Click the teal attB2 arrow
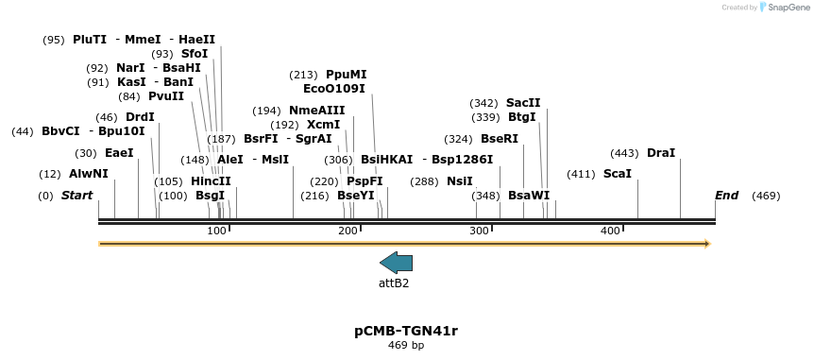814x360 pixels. pyautogui.click(x=396, y=263)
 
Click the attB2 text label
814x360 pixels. pyautogui.click(x=394, y=283)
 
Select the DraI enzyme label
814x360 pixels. pyautogui.click(x=661, y=153)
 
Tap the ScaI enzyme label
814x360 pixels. pyautogui.click(x=617, y=174)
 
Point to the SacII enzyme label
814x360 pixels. pyautogui.click(x=523, y=103)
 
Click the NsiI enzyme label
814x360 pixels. pyautogui.click(x=460, y=181)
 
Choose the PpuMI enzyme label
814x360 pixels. pyautogui.click(x=347, y=75)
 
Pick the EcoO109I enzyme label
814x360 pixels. pyautogui.click(x=334, y=89)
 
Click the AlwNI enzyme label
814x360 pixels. pyautogui.click(x=89, y=174)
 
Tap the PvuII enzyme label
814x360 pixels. pyautogui.click(x=166, y=96)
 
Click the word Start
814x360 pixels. pyautogui.click(x=77, y=196)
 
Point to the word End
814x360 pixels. pyautogui.click(x=726, y=196)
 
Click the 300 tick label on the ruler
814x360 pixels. pyautogui.click(x=479, y=231)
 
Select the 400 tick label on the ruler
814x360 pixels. pyautogui.click(x=610, y=231)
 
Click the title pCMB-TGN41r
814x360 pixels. pyautogui.click(x=406, y=331)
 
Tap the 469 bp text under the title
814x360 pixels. pyautogui.click(x=406, y=346)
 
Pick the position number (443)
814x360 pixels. pyautogui.click(x=624, y=153)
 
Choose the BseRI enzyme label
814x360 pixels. pyautogui.click(x=500, y=139)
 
